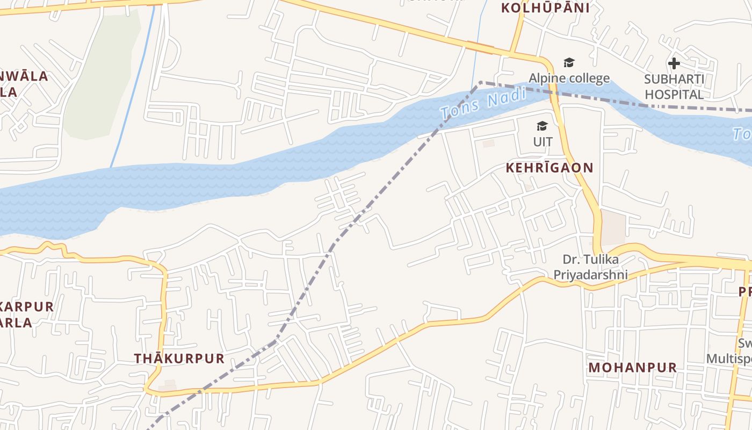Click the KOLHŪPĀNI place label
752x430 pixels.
[545, 8]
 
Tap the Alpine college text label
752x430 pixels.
[569, 78]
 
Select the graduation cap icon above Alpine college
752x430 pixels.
[569, 63]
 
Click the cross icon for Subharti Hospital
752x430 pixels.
[674, 63]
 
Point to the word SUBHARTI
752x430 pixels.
[674, 79]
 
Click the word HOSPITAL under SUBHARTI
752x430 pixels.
[674, 95]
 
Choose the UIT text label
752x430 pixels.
[543, 142]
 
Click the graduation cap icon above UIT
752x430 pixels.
[543, 126]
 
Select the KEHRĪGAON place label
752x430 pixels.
[549, 168]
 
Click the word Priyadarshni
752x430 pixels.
[590, 274]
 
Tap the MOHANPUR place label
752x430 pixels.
[633, 368]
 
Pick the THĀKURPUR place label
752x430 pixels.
[179, 359]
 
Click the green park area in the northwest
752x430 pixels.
[102, 75]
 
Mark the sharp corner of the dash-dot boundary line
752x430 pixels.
[480, 82]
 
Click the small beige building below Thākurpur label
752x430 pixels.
[168, 386]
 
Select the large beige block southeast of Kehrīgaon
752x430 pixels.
[613, 227]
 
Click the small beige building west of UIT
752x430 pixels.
[488, 144]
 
